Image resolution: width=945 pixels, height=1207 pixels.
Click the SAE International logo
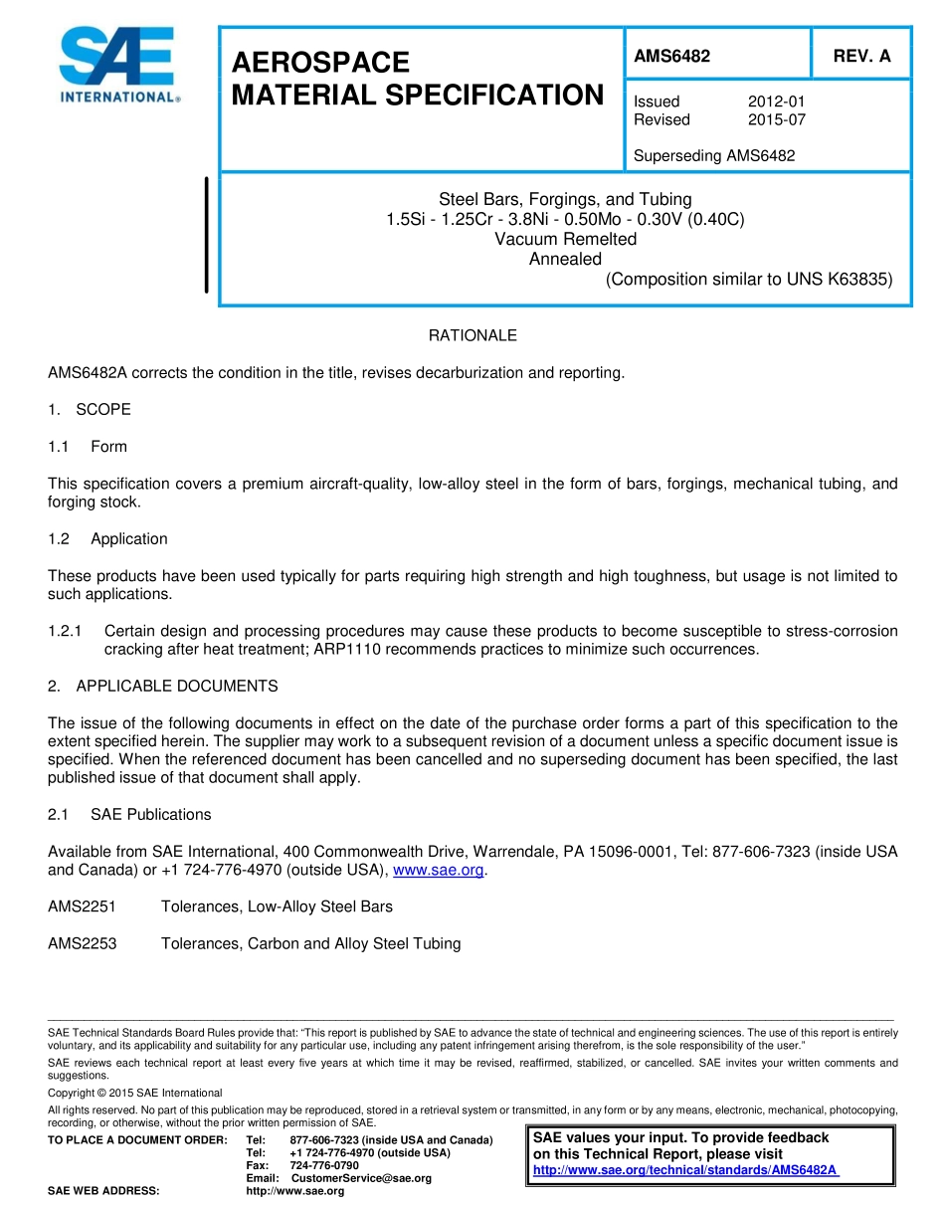[x=118, y=65]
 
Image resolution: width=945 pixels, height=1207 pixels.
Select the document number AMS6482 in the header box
[x=671, y=57]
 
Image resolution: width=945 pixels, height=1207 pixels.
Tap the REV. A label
[x=861, y=57]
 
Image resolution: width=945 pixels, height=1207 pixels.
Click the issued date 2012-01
[x=776, y=101]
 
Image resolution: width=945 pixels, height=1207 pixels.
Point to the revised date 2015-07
[x=776, y=119]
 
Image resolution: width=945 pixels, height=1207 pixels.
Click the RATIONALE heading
[x=472, y=335]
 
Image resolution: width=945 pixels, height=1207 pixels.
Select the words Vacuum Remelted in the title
[x=565, y=239]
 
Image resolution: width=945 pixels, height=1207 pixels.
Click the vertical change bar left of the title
[x=206, y=235]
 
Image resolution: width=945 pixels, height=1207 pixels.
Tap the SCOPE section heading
[x=102, y=409]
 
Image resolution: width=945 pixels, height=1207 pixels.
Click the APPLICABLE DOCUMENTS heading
[x=176, y=686]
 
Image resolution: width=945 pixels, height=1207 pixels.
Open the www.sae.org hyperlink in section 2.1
[x=439, y=870]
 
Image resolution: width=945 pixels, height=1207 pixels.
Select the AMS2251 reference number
[x=82, y=906]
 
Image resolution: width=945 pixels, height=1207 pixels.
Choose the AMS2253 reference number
[x=82, y=943]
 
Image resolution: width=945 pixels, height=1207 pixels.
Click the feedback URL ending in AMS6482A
[x=686, y=1170]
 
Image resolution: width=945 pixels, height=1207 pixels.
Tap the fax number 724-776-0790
[x=324, y=1165]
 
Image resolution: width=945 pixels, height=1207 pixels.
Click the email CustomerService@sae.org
[x=361, y=1178]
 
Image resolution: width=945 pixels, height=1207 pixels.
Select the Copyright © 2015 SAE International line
[x=134, y=1093]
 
